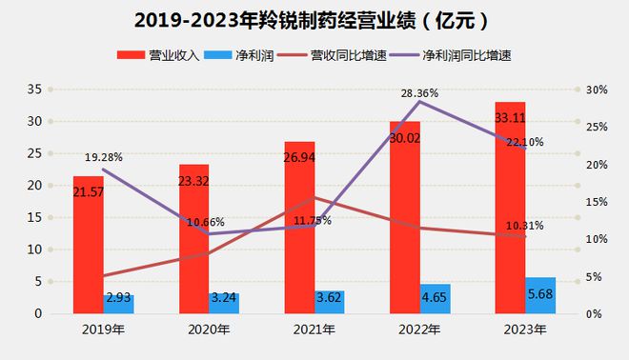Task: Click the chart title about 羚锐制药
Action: [314, 19]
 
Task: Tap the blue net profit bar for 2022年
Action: [435, 298]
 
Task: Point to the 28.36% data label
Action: [420, 93]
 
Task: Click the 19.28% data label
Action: [103, 155]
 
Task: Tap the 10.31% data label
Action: [524, 226]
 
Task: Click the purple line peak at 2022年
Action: [419, 101]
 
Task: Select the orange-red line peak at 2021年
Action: [314, 198]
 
